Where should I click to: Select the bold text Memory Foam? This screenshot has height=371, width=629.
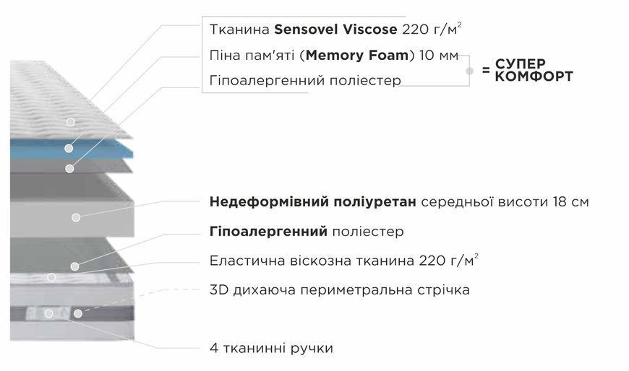tap(357, 56)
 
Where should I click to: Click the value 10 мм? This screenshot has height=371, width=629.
tap(438, 56)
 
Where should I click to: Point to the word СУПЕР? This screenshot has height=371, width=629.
tap(521, 64)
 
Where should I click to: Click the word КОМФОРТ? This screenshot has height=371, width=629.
tap(534, 76)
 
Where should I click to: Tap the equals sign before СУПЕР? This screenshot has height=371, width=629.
tap(486, 70)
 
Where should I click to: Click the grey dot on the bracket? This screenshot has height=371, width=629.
tap(469, 71)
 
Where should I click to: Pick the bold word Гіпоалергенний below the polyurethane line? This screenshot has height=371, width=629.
tap(268, 231)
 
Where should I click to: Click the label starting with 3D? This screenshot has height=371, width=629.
tap(339, 289)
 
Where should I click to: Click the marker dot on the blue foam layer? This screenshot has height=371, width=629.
tap(69, 148)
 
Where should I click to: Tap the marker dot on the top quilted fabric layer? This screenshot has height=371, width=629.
tap(71, 122)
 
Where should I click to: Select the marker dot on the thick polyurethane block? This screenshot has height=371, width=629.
tap(76, 217)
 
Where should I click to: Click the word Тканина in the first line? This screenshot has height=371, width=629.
tap(239, 30)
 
